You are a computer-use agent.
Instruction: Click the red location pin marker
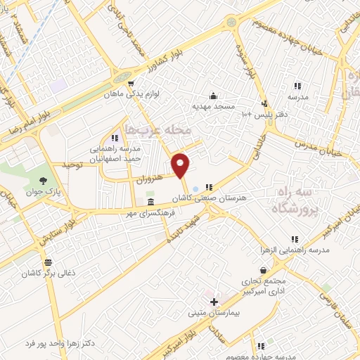pyautogui.click(x=181, y=165)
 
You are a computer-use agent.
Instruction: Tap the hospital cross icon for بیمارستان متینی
pyautogui.click(x=214, y=301)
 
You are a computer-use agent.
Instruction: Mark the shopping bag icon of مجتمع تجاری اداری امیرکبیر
pyautogui.click(x=263, y=270)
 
